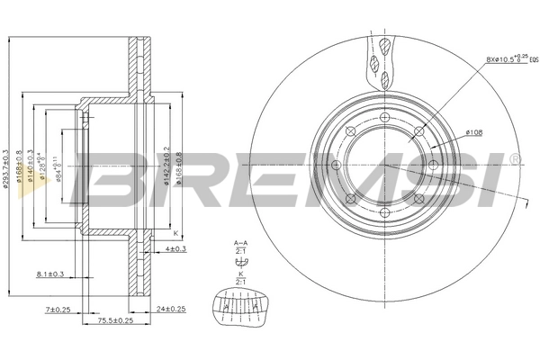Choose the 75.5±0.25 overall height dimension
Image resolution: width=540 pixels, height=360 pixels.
(115, 319)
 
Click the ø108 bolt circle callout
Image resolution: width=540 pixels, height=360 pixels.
(473, 132)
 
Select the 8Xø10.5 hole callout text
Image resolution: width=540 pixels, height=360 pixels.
(505, 60)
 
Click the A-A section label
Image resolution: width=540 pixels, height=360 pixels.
(239, 243)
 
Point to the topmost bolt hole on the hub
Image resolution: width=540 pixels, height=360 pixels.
(384, 118)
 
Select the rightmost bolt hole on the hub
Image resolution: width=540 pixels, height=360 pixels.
(432, 165)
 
